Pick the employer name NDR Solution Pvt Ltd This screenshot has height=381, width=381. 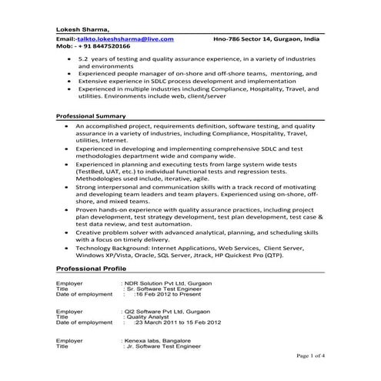[168, 284]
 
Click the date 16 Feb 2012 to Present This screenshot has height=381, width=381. [172, 295]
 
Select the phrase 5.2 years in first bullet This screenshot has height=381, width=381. [96, 58]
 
